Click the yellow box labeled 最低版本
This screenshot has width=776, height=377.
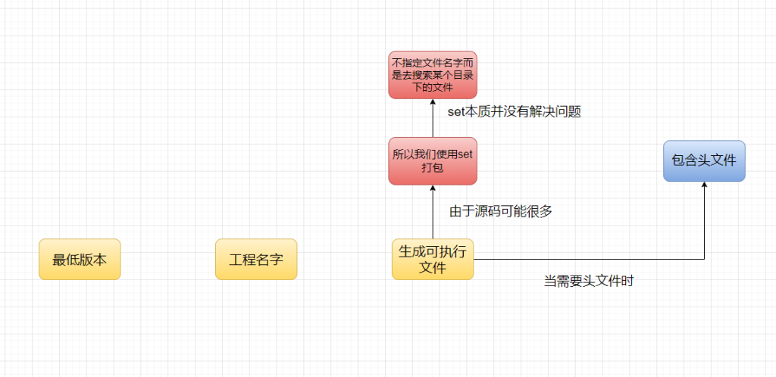coord(80,260)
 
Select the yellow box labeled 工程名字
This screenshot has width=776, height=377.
coord(256,260)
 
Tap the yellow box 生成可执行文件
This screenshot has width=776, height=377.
coord(433,260)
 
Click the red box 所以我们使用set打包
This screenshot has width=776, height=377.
coord(433,160)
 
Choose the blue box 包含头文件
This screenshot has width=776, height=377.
coord(704,160)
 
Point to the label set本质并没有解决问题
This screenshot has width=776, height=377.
coord(514,111)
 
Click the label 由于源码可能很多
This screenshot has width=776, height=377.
coord(501,211)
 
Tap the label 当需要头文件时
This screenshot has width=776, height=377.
coord(588,281)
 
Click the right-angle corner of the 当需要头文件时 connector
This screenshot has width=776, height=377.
coord(704,260)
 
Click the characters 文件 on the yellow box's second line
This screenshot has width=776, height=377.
coord(433,267)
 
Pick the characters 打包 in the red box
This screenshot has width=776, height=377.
coord(432,167)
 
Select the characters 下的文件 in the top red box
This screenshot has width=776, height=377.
coord(433,88)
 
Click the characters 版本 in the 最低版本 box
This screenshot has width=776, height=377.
coord(93,260)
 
